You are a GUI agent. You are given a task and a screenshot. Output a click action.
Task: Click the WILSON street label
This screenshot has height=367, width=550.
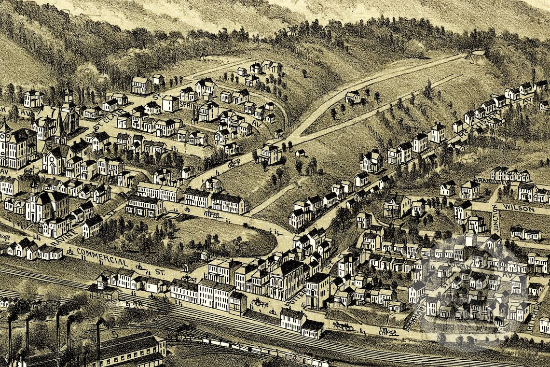point(518,209)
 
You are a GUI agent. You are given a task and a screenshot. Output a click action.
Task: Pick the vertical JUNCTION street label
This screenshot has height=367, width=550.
point(495,220)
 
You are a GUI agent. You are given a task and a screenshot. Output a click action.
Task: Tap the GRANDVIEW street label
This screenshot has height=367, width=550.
point(485,182)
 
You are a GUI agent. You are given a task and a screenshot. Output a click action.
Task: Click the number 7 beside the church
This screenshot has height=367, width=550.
point(53,113)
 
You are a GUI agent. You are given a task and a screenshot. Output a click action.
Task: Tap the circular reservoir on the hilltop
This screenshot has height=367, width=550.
point(478,53)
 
